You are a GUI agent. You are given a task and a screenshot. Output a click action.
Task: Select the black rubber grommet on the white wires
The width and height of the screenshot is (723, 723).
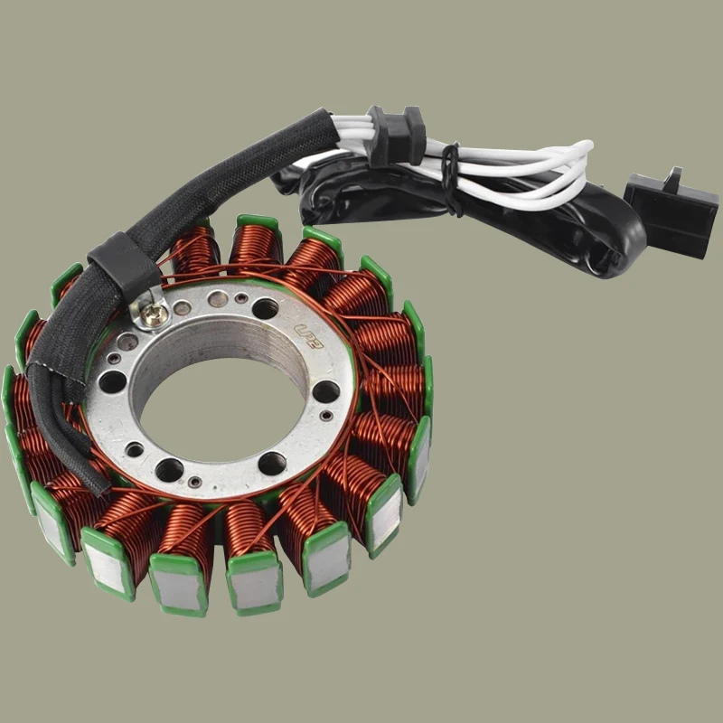(398, 136)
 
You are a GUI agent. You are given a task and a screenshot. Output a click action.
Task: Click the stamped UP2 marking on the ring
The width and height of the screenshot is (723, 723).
(313, 320)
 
